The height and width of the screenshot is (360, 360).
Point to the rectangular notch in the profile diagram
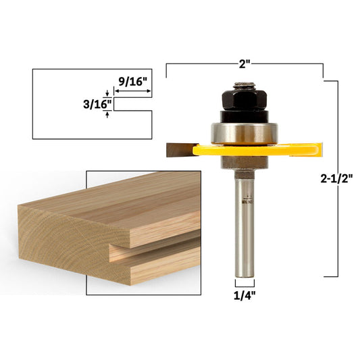132,105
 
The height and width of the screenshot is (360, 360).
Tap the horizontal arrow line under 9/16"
132,96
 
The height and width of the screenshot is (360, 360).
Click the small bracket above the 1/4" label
244,284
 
